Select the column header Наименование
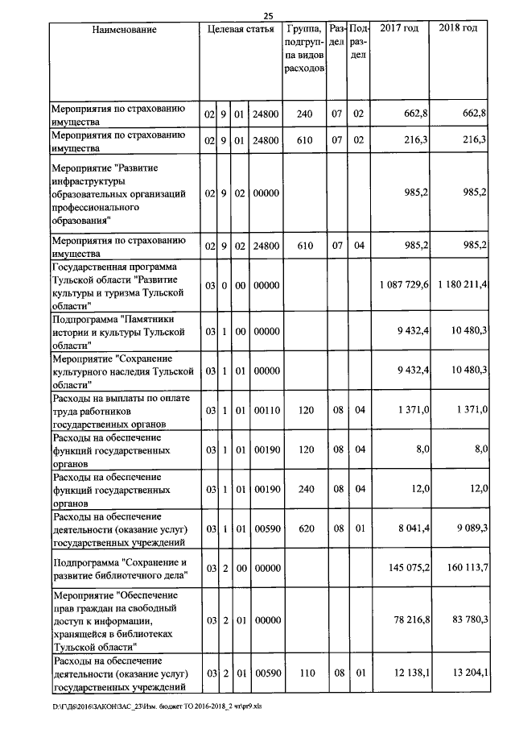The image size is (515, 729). pyautogui.click(x=124, y=29)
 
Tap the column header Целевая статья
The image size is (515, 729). pyautogui.click(x=241, y=29)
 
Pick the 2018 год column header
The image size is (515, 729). pyautogui.click(x=459, y=29)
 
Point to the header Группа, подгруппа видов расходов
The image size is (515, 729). pyautogui.click(x=304, y=48)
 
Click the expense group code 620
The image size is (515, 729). pyautogui.click(x=304, y=528)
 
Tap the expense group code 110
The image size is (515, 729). pyautogui.click(x=304, y=673)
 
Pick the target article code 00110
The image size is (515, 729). pyautogui.click(x=266, y=410)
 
